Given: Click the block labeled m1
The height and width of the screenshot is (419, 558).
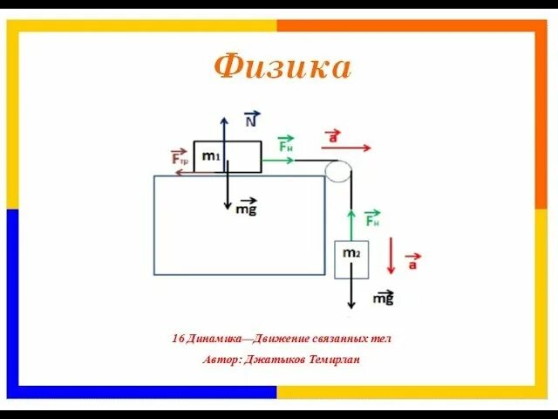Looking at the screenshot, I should [227, 156].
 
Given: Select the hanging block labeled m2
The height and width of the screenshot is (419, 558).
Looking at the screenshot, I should [351, 259].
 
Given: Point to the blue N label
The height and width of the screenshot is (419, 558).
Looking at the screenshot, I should [250, 121].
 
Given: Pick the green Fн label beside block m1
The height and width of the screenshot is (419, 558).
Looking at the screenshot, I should [286, 146].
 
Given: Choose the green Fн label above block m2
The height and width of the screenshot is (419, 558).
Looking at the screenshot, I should [372, 220].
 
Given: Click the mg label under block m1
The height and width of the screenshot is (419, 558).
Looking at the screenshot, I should [246, 209].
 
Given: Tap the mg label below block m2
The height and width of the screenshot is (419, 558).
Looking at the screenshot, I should [383, 299].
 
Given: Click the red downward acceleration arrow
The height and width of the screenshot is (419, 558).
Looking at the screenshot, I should [392, 253].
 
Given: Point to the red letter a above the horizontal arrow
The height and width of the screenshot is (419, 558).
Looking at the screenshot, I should [332, 136].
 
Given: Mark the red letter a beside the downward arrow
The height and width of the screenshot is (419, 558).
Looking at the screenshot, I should [412, 261].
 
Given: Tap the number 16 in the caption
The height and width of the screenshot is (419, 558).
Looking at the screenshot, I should [180, 339].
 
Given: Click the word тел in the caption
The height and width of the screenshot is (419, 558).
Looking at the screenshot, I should [382, 339].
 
